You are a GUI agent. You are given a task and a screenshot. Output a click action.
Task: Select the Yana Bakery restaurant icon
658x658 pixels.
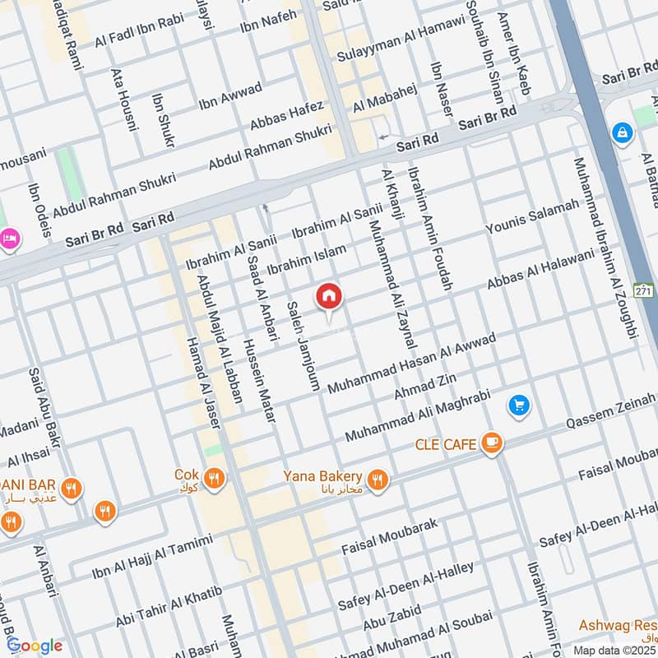(378, 479)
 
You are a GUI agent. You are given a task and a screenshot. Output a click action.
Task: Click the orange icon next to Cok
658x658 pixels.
(214, 477)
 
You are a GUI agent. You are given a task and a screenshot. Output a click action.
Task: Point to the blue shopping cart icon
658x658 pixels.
(518, 405)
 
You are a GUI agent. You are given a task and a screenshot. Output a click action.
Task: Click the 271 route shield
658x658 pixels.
(644, 290)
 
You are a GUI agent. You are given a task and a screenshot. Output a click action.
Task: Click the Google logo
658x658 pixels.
(35, 646)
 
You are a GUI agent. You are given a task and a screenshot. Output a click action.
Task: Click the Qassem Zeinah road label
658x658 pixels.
(611, 417)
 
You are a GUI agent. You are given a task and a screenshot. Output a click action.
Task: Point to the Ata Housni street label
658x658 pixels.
(123, 100)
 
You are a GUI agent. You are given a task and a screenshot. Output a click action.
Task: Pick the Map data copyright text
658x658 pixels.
(614, 650)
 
